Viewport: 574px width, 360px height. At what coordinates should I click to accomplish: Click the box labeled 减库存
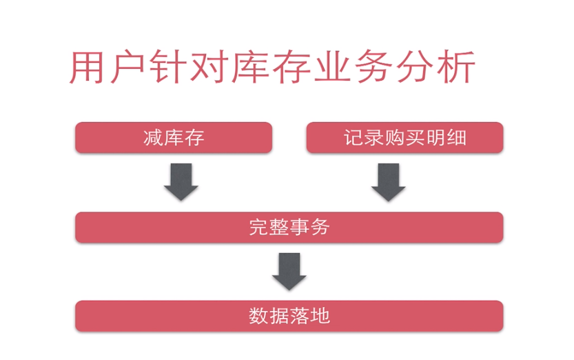click(x=174, y=138)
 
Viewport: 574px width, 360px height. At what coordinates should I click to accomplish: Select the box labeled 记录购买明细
click(x=404, y=138)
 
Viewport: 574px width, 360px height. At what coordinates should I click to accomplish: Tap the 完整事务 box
click(x=289, y=227)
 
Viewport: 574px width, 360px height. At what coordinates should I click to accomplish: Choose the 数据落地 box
click(x=289, y=316)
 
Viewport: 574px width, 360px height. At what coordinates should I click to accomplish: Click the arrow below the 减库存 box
click(x=181, y=181)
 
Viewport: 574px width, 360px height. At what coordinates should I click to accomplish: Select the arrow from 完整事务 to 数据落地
click(x=289, y=271)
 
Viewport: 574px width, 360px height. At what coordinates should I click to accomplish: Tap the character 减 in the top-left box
click(x=153, y=138)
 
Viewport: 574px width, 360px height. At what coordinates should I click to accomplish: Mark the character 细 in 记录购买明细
click(x=456, y=138)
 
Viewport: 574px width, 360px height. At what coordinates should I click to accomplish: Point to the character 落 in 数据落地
click(x=300, y=316)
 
